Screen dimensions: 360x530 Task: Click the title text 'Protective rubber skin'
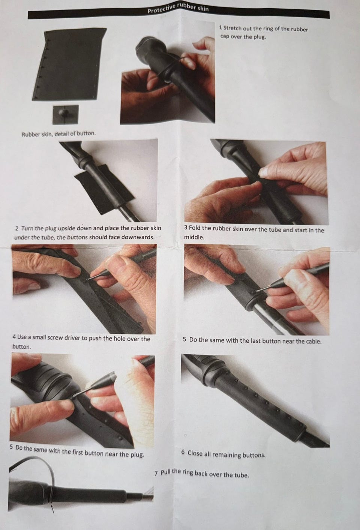coord(178,8)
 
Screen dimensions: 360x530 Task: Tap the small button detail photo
coord(66,115)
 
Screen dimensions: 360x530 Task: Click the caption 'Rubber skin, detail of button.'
coord(58,134)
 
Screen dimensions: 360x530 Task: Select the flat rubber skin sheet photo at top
coord(69,64)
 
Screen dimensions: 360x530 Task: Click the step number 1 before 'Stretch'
coord(220,28)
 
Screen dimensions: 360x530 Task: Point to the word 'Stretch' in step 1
coord(232,28)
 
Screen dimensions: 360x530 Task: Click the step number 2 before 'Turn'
coord(16,229)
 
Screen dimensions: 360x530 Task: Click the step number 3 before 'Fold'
coord(186,227)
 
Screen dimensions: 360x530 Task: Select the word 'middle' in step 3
coord(193,237)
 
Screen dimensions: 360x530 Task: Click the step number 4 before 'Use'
coord(14,336)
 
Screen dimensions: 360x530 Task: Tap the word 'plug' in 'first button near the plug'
coord(137,455)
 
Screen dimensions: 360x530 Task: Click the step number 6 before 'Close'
coord(183,452)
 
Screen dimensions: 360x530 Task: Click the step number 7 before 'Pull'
coord(156,473)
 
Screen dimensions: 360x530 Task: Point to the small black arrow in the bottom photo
coord(52,509)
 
